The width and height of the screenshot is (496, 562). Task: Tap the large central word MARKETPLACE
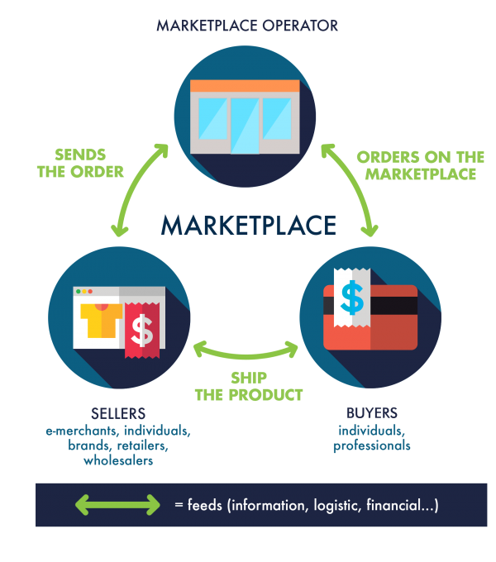[248, 226]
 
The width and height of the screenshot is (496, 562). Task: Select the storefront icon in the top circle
[244, 116]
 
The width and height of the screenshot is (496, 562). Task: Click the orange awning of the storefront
[244, 86]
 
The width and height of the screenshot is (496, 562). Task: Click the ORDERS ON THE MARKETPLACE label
[421, 165]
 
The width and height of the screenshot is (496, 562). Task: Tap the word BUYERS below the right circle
[372, 412]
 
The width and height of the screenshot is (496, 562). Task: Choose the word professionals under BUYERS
[372, 446]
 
